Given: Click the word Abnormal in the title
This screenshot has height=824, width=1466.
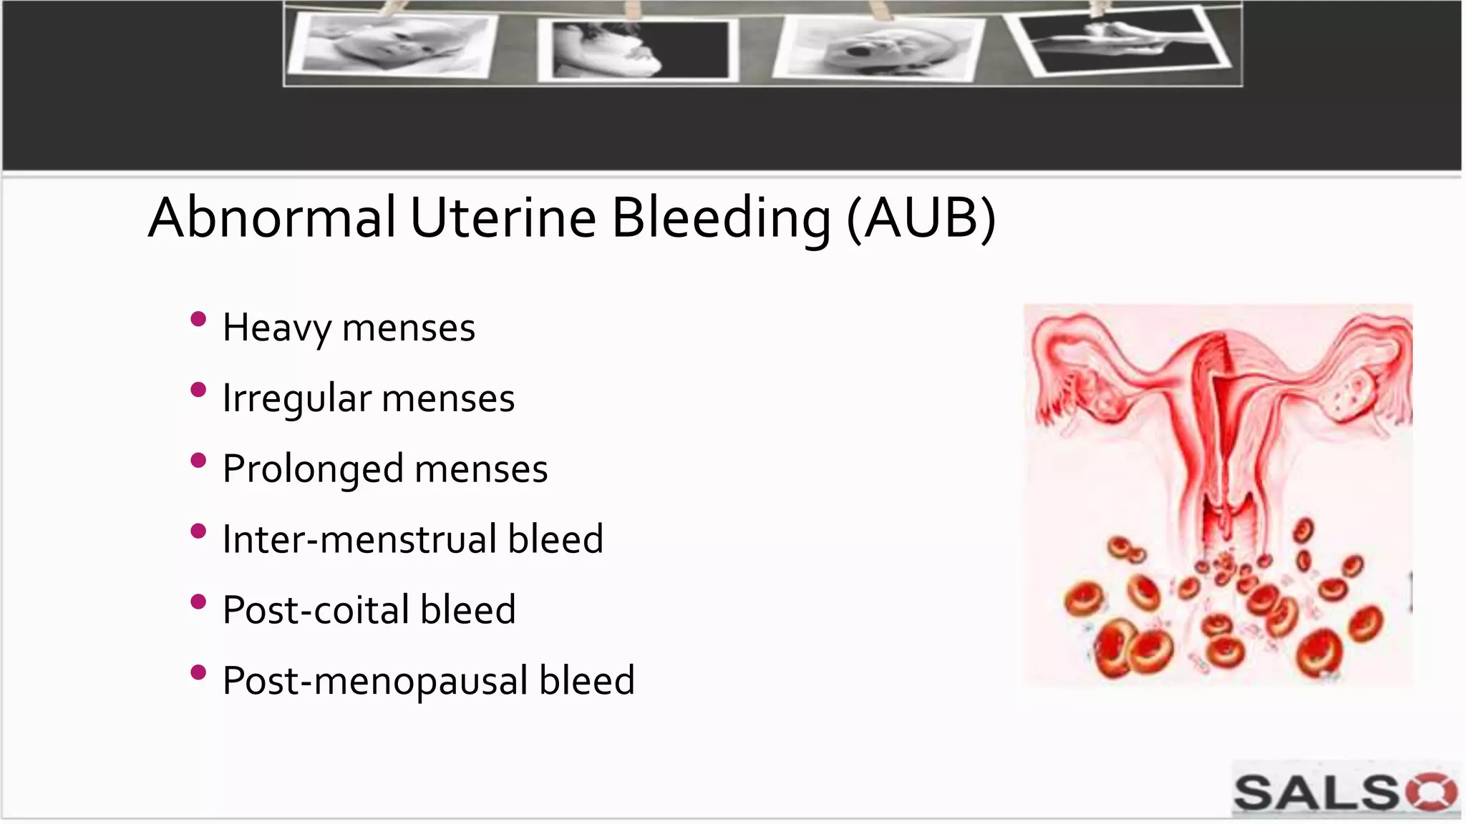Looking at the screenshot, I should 271,217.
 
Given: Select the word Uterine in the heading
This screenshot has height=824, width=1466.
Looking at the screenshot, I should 503,217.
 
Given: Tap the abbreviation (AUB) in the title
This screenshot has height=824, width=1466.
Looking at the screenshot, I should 921,217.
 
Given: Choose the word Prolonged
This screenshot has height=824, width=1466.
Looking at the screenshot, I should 313,469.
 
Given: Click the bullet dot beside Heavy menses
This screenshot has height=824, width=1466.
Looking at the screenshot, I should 198,319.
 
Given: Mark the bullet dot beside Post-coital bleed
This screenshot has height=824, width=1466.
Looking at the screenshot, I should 198,602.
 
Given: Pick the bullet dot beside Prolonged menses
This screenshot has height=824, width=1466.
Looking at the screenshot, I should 198,460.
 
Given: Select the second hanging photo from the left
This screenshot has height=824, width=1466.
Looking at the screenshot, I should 637,49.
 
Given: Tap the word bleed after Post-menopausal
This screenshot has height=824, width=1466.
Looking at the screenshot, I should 586,680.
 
